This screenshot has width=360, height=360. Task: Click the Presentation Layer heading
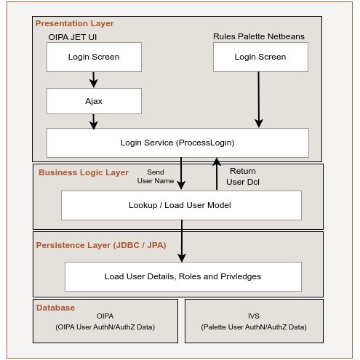74,23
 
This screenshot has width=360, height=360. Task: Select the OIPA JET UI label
74,36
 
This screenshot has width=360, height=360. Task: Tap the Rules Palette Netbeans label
258,36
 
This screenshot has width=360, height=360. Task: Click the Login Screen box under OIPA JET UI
94,57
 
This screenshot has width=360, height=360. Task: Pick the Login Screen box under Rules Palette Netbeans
260,57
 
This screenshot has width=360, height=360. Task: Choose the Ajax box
94,101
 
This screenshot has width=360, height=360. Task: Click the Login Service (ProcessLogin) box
177,143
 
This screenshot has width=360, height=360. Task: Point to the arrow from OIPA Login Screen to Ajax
94,79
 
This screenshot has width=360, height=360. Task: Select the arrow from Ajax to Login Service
94,121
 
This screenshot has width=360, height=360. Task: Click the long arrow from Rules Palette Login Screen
258,99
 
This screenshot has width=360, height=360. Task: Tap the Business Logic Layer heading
84,172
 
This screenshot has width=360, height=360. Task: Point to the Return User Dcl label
243,176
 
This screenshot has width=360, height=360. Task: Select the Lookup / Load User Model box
180,205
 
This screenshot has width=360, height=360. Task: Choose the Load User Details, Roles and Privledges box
183,276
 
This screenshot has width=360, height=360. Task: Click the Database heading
55,308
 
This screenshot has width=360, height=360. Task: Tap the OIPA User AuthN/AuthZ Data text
105,327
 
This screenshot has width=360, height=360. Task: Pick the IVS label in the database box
254,316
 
